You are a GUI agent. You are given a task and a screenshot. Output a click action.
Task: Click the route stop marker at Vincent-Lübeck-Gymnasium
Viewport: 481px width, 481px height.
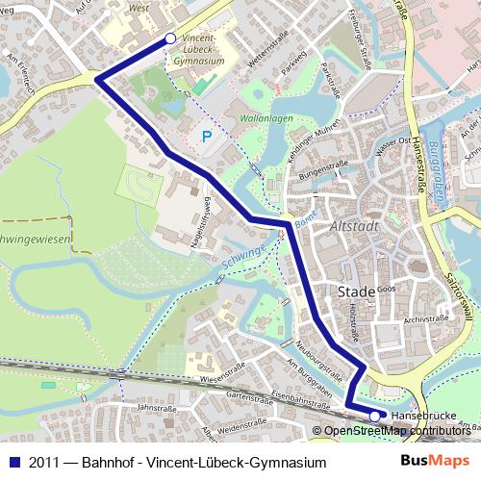[x=170, y=38]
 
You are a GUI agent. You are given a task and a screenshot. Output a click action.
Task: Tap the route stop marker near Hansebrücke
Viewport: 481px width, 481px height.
[x=374, y=417]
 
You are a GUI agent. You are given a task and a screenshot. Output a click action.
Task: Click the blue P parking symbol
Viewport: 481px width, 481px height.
[x=207, y=139]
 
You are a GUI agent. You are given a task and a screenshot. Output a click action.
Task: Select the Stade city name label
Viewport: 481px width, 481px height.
[x=357, y=291]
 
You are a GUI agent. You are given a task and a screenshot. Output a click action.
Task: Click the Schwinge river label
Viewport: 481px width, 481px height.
[x=241, y=256]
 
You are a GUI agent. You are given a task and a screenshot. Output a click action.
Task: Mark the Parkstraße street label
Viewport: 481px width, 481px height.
[x=332, y=81]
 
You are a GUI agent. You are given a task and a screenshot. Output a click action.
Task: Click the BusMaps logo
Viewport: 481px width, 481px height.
[x=435, y=462]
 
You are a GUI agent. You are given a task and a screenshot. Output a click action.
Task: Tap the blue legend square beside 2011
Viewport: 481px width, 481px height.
[x=14, y=463]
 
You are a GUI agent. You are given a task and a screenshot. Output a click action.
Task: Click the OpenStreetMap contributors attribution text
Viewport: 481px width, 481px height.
[x=396, y=431]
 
